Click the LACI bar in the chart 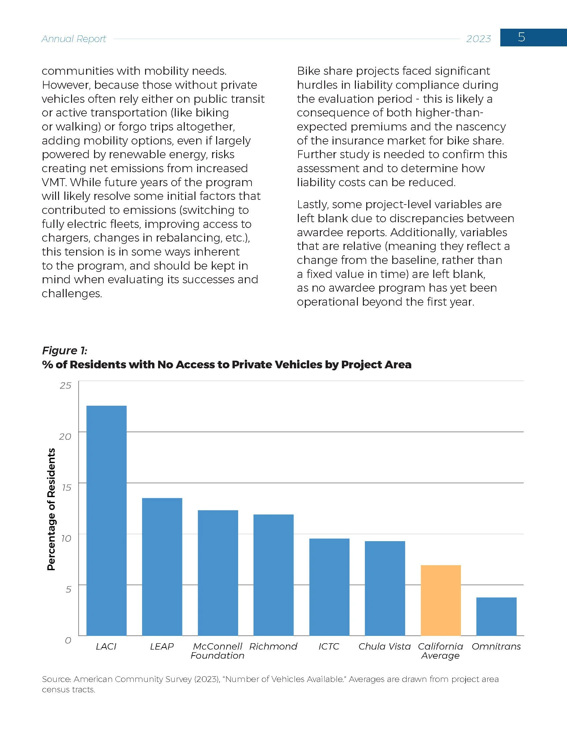[x=106, y=520]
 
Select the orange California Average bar [x=440, y=600]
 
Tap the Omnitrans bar [x=496, y=616]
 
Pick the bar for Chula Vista [x=385, y=588]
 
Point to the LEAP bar [x=162, y=567]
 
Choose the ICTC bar [x=329, y=587]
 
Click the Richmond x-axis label [x=273, y=646]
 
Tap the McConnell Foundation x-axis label [x=217, y=651]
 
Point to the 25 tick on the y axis [x=65, y=385]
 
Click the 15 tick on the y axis [x=66, y=487]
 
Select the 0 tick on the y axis [x=68, y=640]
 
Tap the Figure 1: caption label [x=64, y=351]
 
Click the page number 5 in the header [x=521, y=37]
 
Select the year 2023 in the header [x=479, y=39]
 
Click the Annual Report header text [x=74, y=39]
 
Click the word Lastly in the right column [x=313, y=205]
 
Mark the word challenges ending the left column [x=72, y=294]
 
